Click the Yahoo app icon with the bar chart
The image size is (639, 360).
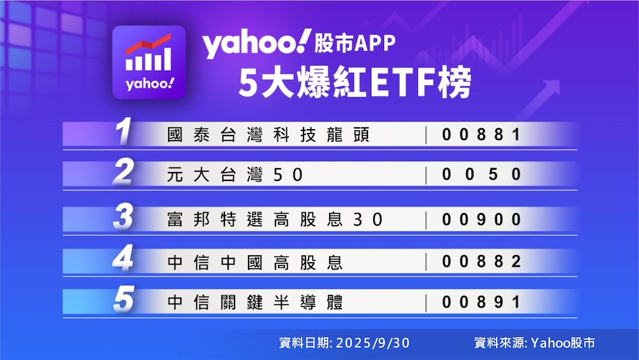pyautogui.click(x=149, y=63)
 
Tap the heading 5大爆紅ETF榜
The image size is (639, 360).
pyautogui.click(x=355, y=82)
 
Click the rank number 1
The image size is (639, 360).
pyautogui.click(x=123, y=131)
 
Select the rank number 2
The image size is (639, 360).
pyautogui.click(x=123, y=172)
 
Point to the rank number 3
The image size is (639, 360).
pyautogui.click(x=123, y=217)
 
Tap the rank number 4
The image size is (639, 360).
pyautogui.click(x=123, y=258)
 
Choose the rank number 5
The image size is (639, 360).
pyautogui.click(x=124, y=299)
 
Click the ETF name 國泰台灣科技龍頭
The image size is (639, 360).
pyautogui.click(x=268, y=134)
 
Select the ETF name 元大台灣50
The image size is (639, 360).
pyautogui.click(x=235, y=175)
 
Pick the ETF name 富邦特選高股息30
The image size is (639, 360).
pyautogui.click(x=275, y=220)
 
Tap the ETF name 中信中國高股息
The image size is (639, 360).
pyautogui.click(x=255, y=262)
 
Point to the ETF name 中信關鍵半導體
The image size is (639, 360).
pyautogui.click(x=255, y=302)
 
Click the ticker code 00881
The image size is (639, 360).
pyautogui.click(x=481, y=134)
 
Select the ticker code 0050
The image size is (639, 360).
pyautogui.click(x=481, y=175)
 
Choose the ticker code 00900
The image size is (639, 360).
pyautogui.click(x=481, y=219)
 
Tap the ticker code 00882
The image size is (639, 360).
pyautogui.click(x=481, y=262)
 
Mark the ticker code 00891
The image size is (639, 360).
pyautogui.click(x=481, y=302)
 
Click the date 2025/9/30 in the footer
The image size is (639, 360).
pyautogui.click(x=373, y=343)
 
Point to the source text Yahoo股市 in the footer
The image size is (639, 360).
pyautogui.click(x=563, y=343)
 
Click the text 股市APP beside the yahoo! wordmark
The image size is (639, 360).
pyautogui.click(x=355, y=43)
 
